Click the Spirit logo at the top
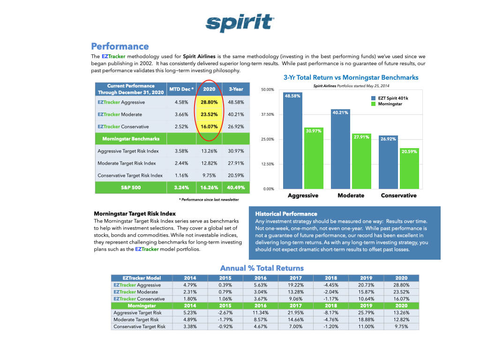click(240, 22)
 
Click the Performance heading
click(120, 46)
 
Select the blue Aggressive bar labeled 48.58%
click(292, 141)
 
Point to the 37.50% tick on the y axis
click(267, 114)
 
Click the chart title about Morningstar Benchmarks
click(351, 77)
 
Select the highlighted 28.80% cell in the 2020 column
click(209, 102)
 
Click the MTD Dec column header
click(181, 89)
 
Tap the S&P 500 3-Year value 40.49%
click(236, 187)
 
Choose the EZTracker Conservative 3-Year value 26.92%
click(236, 127)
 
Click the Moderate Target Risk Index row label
click(127, 163)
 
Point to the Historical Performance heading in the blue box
click(286, 214)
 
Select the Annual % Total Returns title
click(262, 268)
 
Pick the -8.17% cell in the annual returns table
click(331, 312)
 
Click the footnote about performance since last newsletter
click(209, 199)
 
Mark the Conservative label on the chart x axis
click(398, 195)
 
